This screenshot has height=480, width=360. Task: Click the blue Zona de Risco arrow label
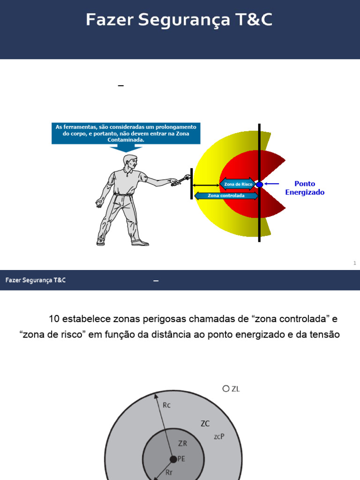point(238,185)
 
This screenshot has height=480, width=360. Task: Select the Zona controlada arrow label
point(226,195)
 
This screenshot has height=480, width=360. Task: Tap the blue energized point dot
point(260,185)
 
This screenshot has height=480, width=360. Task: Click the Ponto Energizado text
point(305,188)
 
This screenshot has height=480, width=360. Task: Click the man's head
point(130,162)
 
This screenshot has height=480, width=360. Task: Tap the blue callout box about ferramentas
point(126,133)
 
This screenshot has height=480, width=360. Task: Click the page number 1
point(355,263)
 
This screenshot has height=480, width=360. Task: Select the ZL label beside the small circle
point(235,389)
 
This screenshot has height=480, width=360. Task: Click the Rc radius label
point(167,405)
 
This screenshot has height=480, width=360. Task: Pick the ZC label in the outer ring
point(205,424)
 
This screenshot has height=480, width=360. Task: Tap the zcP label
point(219,436)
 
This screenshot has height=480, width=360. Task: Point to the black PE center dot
point(173,459)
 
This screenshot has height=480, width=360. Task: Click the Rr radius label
point(170,473)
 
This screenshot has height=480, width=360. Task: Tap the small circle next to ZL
point(226,389)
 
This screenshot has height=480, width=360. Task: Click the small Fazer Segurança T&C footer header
point(36,280)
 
